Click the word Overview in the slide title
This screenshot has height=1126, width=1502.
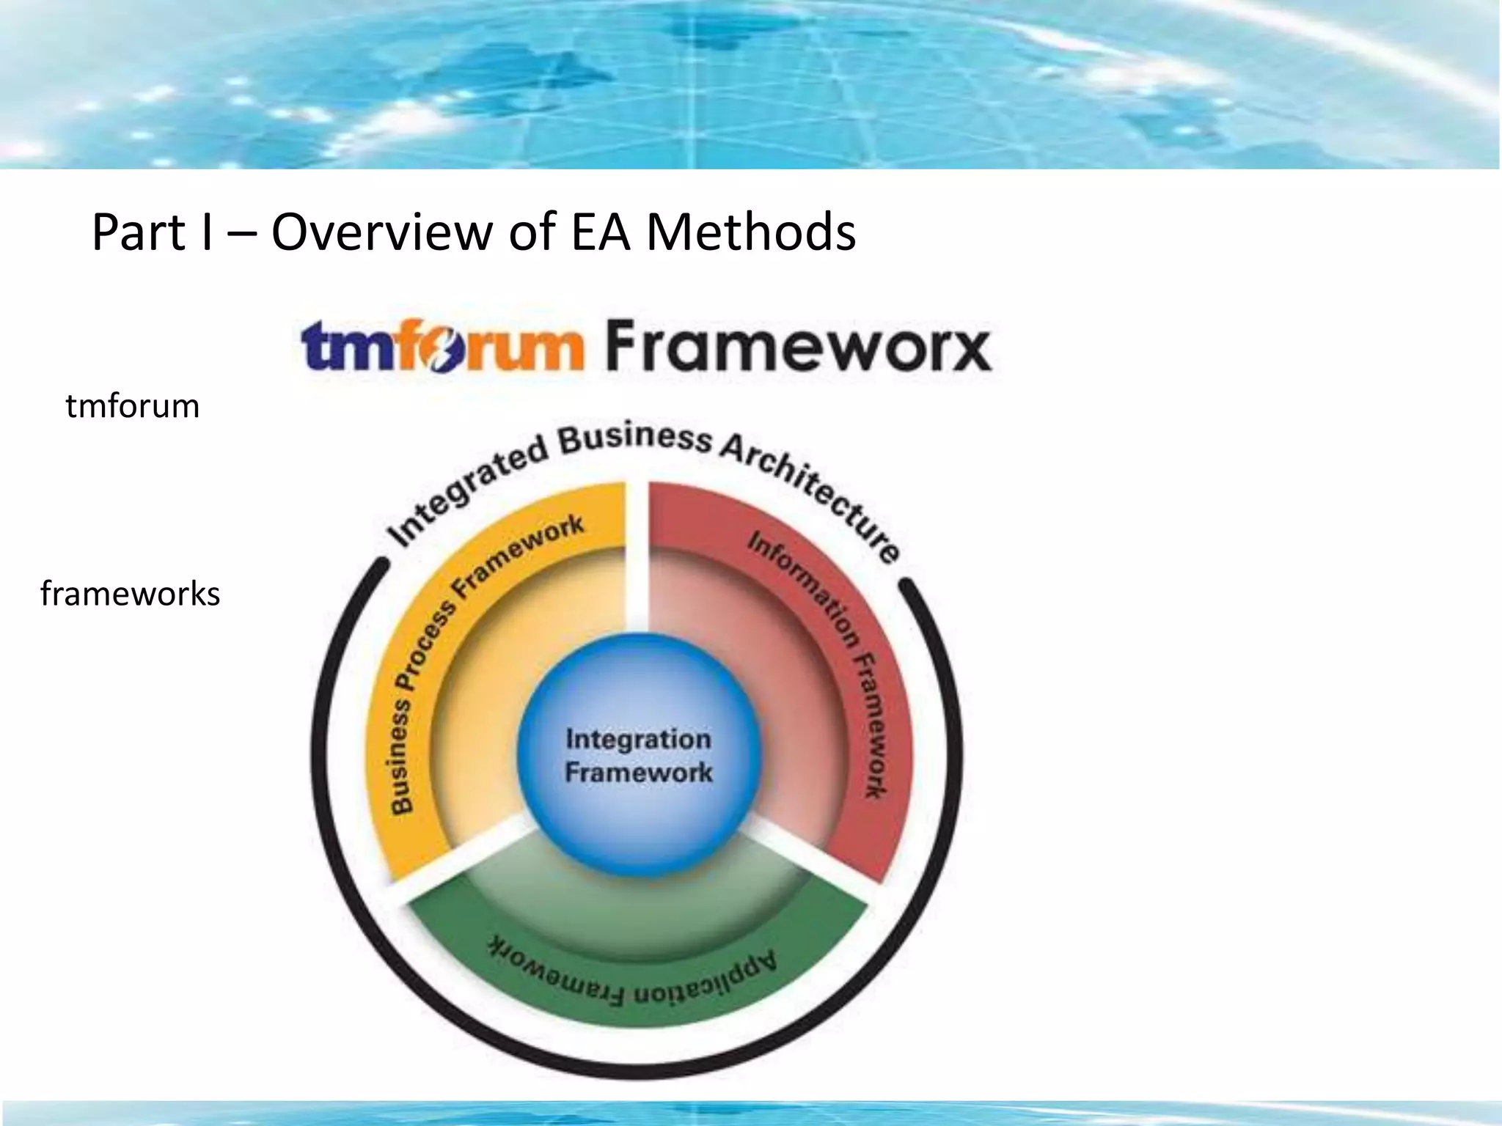(382, 232)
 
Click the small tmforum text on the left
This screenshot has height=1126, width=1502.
(132, 406)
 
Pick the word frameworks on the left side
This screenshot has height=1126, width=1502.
(130, 594)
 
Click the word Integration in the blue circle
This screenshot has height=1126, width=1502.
(638, 738)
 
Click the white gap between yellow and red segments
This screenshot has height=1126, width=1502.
(637, 557)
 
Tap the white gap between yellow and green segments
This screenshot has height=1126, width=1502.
(469, 850)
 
